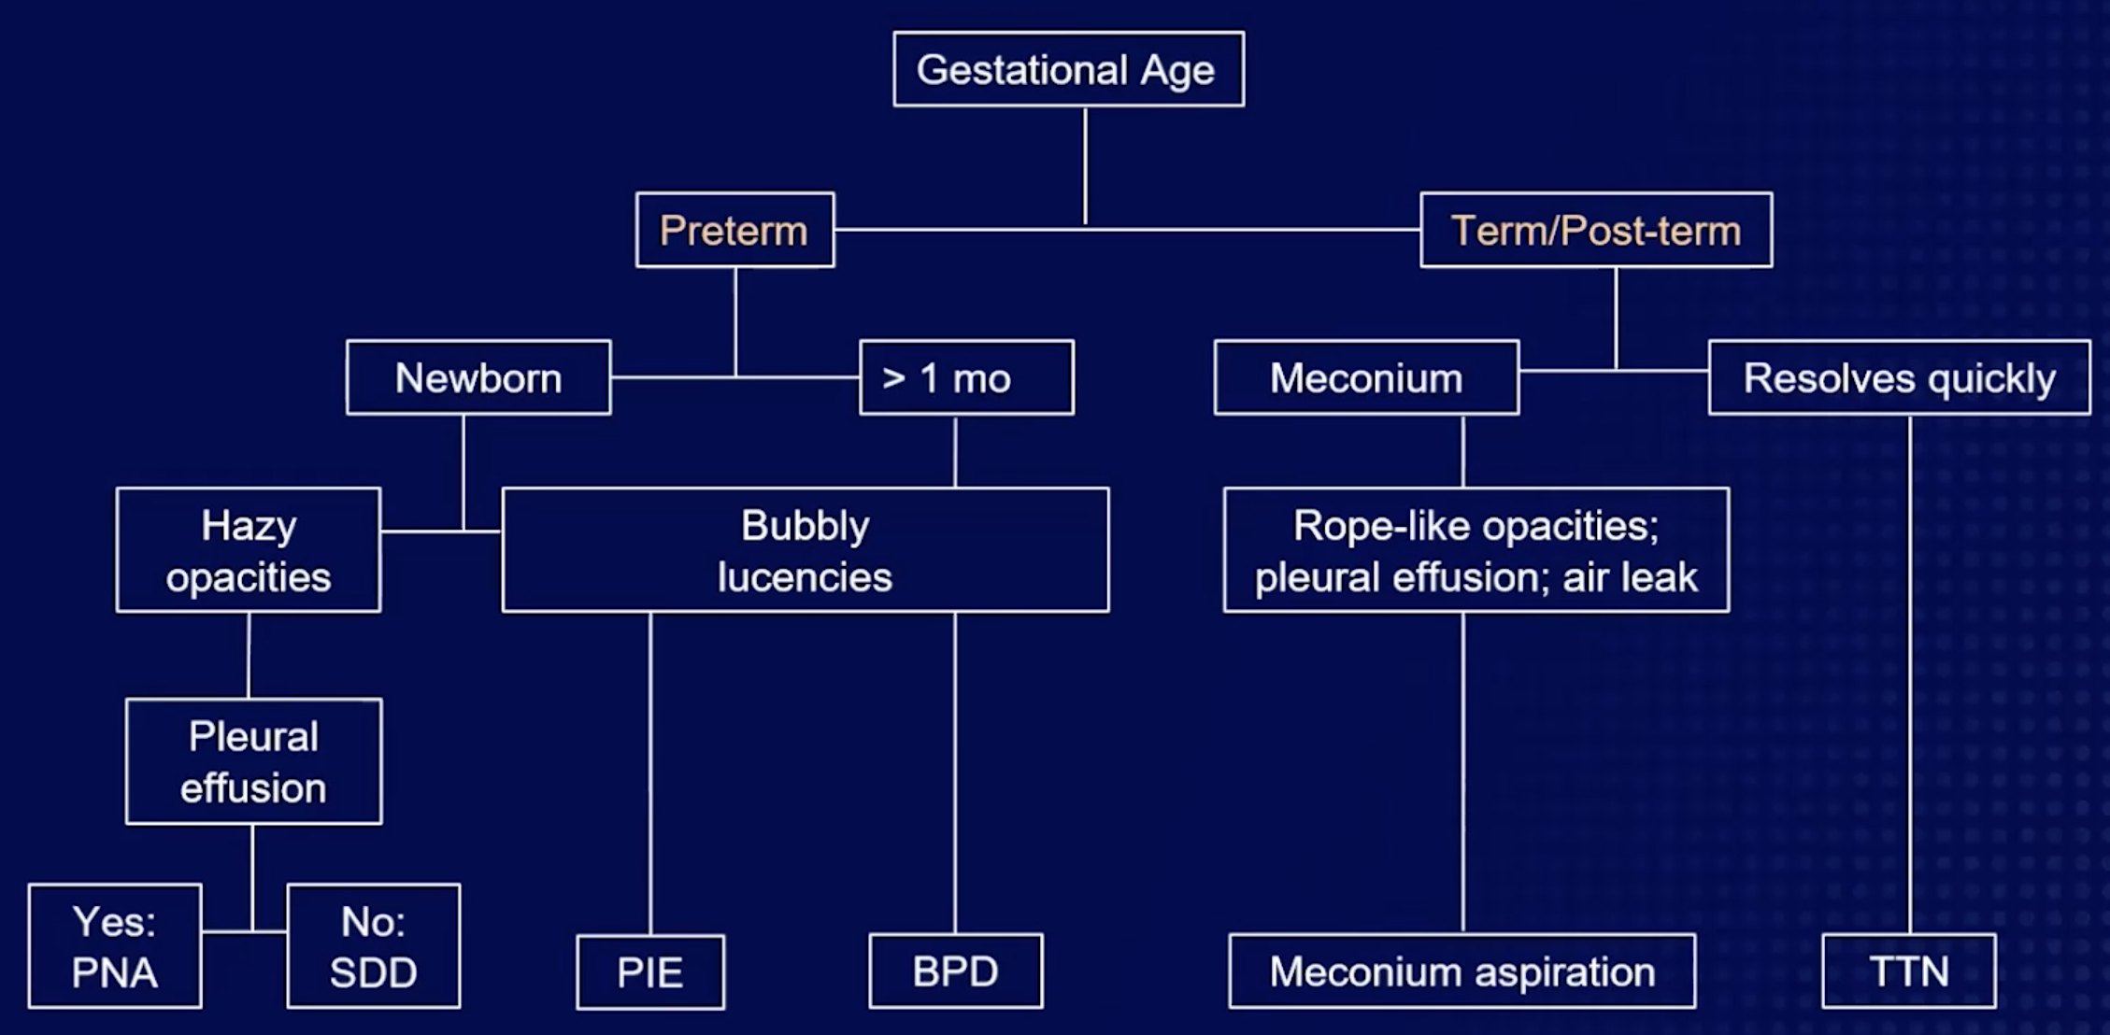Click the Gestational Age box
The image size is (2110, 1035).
1068,69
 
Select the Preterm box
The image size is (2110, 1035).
734,230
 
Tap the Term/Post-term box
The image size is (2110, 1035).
1595,230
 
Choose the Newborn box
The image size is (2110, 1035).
478,377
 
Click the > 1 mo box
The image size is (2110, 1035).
965,377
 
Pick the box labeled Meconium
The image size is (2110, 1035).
1365,377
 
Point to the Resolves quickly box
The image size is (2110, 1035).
1899,377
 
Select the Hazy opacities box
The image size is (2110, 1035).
248,550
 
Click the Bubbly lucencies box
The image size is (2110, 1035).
805,550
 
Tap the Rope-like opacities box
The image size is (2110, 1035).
1476,550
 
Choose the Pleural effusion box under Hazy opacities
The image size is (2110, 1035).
253,761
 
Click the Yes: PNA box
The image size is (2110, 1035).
114,946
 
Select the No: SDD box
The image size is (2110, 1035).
373,946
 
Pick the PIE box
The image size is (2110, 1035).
649,971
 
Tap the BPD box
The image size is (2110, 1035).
955,971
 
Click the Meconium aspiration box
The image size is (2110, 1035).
1461,971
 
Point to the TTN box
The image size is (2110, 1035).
1908,971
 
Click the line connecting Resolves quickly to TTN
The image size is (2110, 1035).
1909,673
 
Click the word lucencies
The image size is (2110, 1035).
805,576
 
